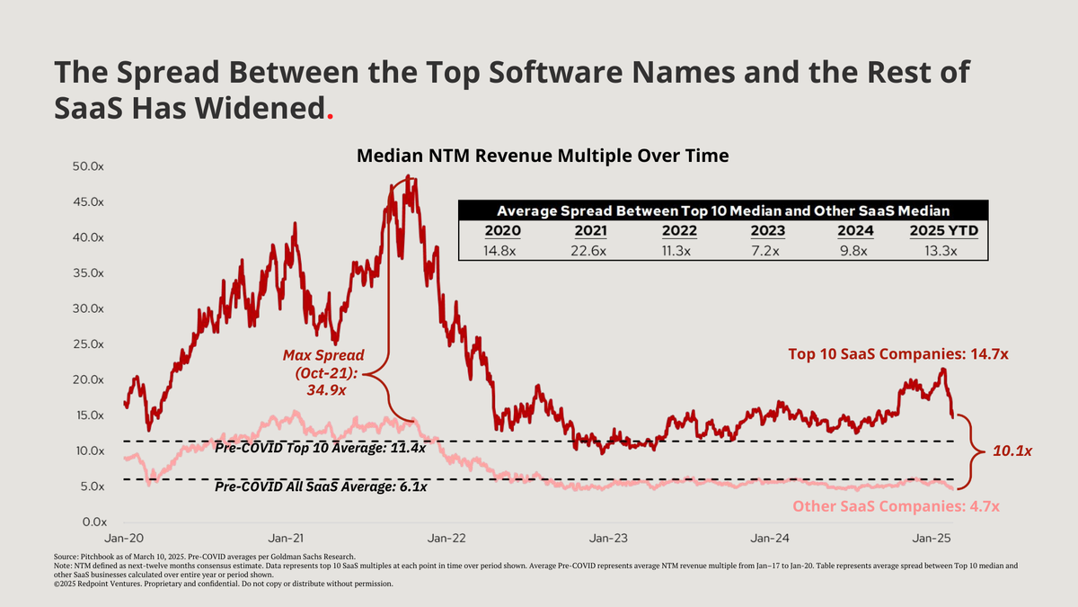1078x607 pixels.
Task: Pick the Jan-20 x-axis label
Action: click(125, 539)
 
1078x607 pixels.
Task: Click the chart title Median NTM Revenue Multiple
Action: click(543, 156)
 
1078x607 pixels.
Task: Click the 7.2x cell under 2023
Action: click(769, 251)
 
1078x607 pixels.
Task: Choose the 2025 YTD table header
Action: click(943, 231)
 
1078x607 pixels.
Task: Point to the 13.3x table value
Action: click(943, 251)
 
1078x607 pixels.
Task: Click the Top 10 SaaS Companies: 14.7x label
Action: click(898, 354)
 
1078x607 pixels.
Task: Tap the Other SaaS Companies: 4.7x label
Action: click(896, 507)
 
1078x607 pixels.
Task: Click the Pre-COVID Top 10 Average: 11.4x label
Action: click(321, 448)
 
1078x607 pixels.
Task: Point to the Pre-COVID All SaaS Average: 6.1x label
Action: click(321, 486)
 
